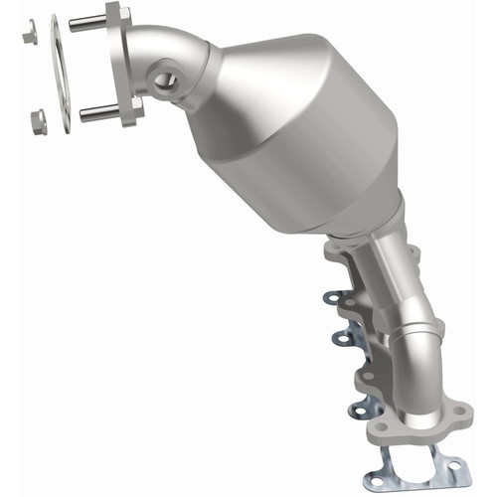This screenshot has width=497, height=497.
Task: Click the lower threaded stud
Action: click(97, 112)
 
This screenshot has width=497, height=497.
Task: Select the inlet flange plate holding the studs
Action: click(126, 65)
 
